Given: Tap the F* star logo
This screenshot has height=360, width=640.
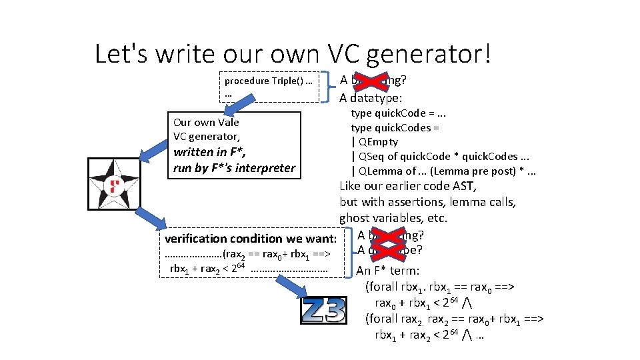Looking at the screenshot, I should point(115,185).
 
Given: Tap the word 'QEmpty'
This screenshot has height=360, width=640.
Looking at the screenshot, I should point(378,141).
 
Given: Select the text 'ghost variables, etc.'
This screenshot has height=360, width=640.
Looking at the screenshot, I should point(393,218).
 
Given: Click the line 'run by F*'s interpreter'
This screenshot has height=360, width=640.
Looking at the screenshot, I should point(234,168).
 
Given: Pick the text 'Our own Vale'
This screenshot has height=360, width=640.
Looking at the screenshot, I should point(206,122).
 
